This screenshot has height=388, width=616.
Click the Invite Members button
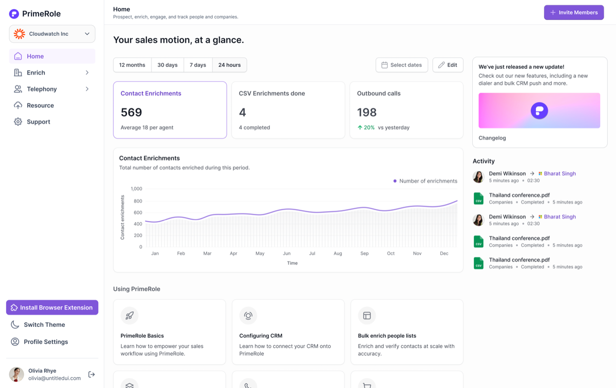574,12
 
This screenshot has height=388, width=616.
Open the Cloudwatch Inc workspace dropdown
52,34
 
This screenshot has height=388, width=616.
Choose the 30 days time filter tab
167,65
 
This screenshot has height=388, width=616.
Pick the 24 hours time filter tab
229,65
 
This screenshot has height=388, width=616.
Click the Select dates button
401,65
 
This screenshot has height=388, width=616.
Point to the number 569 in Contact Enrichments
131,112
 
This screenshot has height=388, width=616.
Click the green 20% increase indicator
366,127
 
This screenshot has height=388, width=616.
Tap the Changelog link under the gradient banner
492,138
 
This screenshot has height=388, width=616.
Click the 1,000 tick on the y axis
137,189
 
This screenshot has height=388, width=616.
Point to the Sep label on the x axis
364,253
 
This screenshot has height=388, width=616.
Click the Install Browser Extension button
52,307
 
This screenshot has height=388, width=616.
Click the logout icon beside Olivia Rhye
91,374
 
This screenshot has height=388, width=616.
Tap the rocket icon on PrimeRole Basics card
129,316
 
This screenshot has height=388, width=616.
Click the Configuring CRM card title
261,336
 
